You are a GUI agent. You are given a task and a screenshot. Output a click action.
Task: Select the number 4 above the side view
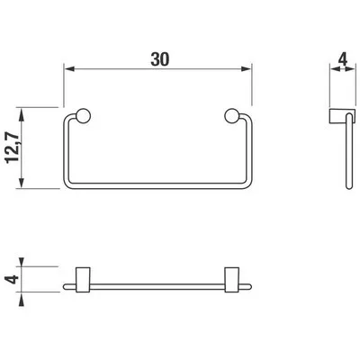(342, 62)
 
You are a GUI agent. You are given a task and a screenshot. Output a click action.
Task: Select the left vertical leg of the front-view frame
(67, 153)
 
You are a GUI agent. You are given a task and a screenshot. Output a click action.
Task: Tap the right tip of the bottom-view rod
(251, 286)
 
